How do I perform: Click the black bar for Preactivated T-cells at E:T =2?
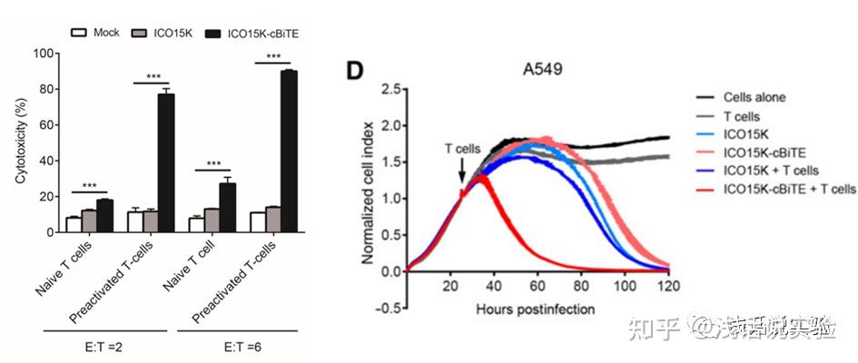[x=166, y=162]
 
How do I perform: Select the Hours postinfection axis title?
[x=536, y=309]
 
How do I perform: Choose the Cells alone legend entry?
[x=754, y=97]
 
